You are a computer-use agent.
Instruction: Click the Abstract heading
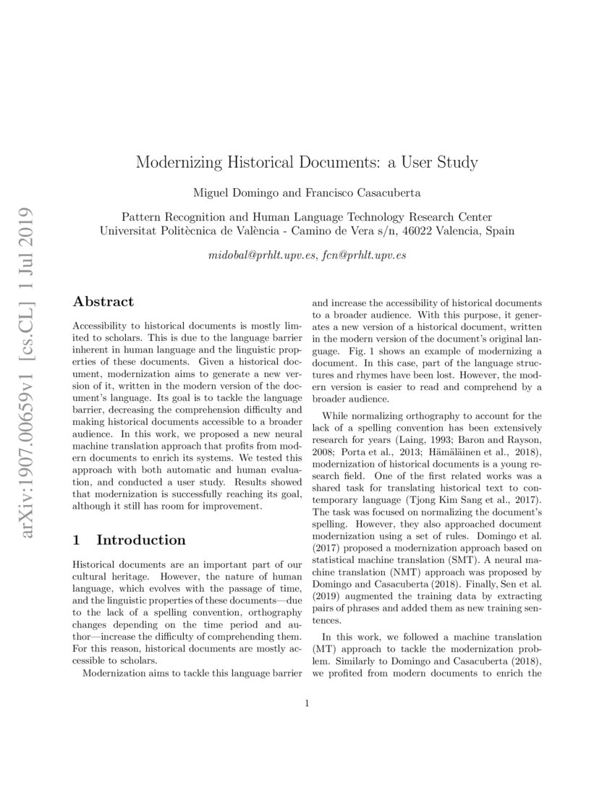pos(103,302)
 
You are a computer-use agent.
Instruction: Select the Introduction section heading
pos(140,540)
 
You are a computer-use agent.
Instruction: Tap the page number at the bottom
pos(307,703)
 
